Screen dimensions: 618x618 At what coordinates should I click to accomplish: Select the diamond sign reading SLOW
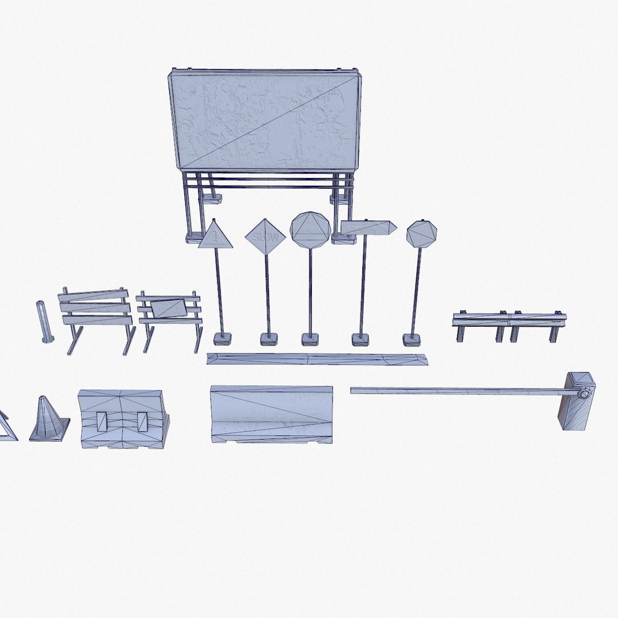[x=265, y=236]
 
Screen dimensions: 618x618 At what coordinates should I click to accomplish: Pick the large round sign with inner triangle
[x=310, y=230]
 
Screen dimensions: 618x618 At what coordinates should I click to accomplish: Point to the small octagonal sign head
[x=421, y=234]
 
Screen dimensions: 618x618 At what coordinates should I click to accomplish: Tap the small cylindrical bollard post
[x=44, y=322]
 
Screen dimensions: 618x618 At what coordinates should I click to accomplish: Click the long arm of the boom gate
[x=458, y=391]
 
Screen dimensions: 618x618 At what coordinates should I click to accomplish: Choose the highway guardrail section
[x=509, y=320]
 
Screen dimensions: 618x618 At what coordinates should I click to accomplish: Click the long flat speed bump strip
[x=316, y=359]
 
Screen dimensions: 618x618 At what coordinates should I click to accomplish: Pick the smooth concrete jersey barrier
[x=272, y=413]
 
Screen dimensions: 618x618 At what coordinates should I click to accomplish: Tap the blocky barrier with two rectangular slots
[x=123, y=419]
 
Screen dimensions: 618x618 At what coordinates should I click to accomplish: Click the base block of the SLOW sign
[x=268, y=339]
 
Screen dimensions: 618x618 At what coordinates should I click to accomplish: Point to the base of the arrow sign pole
[x=360, y=339]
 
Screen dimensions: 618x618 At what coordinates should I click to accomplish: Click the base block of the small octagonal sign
[x=411, y=339]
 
